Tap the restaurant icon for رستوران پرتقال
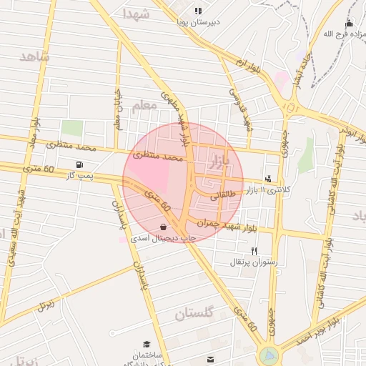point(254,251)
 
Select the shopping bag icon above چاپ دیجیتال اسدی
point(164,227)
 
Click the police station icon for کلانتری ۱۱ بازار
point(267,179)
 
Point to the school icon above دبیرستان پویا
point(198,11)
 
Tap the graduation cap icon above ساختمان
point(147,344)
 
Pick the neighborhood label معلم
point(144,106)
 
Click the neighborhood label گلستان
point(194,313)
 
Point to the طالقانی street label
point(222,193)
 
